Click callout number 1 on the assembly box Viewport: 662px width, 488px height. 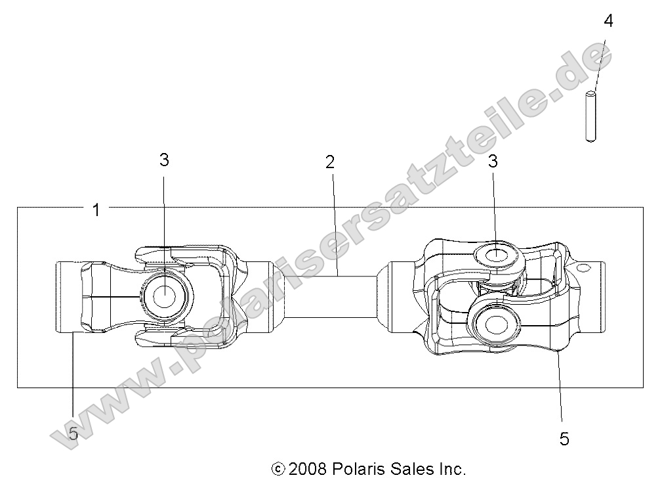coord(96,210)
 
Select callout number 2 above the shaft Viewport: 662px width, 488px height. coord(330,162)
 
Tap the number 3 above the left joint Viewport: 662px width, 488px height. coord(164,160)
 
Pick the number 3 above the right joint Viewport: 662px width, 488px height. coord(492,162)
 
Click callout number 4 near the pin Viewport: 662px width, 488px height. coord(608,21)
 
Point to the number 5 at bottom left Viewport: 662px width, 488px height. coord(73,433)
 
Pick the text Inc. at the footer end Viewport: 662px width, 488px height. coord(451,469)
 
